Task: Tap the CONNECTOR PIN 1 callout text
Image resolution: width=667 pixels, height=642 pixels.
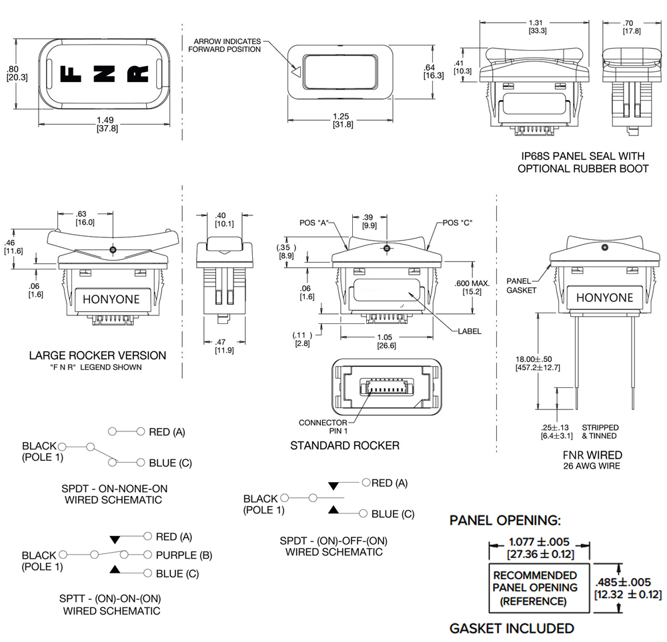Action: [x=322, y=427]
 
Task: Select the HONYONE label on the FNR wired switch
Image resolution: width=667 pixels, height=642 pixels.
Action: [x=604, y=297]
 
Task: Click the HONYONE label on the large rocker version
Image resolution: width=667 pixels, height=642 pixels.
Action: [x=111, y=300]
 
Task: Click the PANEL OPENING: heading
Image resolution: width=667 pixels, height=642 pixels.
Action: [x=506, y=520]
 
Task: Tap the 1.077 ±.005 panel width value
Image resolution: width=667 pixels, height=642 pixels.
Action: [x=538, y=543]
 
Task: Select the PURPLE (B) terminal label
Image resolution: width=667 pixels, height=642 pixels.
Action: [x=184, y=555]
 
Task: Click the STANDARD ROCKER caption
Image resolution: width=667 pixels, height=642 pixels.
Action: [x=345, y=445]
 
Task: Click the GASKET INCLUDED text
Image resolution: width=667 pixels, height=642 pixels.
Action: [x=512, y=628]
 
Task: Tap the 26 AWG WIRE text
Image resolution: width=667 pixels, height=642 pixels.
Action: [x=592, y=465]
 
